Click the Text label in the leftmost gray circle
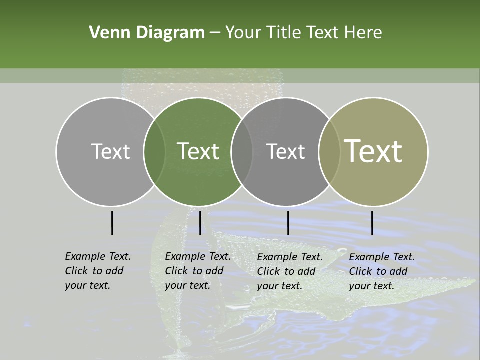[x=110, y=151]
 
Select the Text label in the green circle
[x=198, y=151]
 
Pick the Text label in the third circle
[x=285, y=151]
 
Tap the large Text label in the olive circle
[x=373, y=151]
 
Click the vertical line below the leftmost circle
[x=112, y=223]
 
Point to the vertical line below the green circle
[x=200, y=223]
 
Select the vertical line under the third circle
[x=288, y=223]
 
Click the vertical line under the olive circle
[x=372, y=223]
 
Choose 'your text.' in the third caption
[x=279, y=286]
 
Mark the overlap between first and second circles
[x=154, y=151]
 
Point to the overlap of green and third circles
[x=242, y=151]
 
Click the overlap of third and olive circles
[x=329, y=151]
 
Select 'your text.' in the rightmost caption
[x=371, y=286]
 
